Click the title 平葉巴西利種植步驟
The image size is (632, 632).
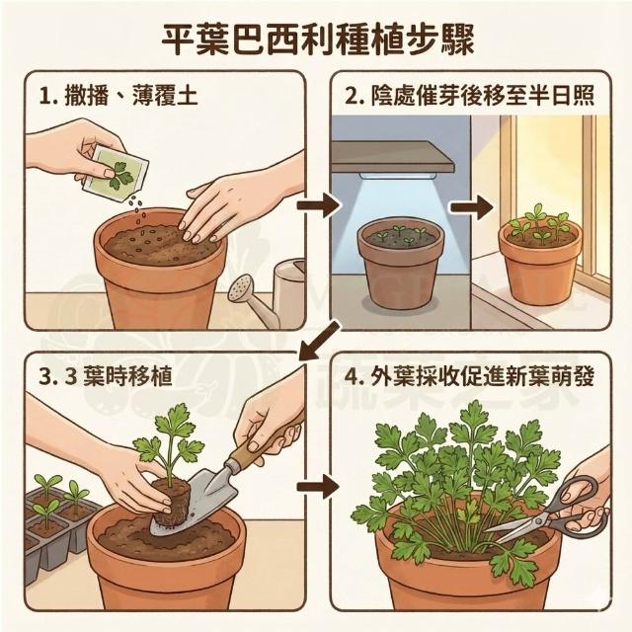click(x=318, y=40)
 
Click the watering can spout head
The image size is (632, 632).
click(x=241, y=288)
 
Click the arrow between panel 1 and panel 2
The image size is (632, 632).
click(x=318, y=205)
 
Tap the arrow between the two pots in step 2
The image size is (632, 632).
click(x=472, y=207)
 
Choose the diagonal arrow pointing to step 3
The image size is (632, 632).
click(x=319, y=341)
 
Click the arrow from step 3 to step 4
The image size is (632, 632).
click(x=318, y=487)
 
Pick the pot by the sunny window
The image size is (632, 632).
click(x=540, y=263)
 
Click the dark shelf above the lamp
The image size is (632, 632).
click(x=393, y=157)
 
